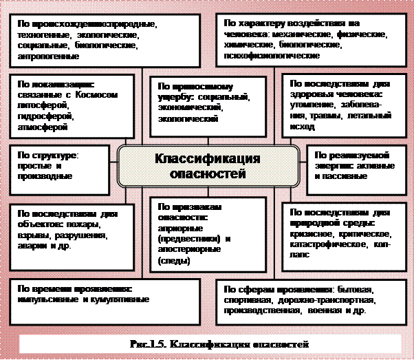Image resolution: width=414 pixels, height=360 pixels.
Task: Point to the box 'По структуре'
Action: coord(62,166)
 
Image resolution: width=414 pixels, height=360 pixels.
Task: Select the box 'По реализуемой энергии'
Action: coord(353,166)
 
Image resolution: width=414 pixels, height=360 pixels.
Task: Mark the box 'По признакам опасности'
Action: coord(207,234)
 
